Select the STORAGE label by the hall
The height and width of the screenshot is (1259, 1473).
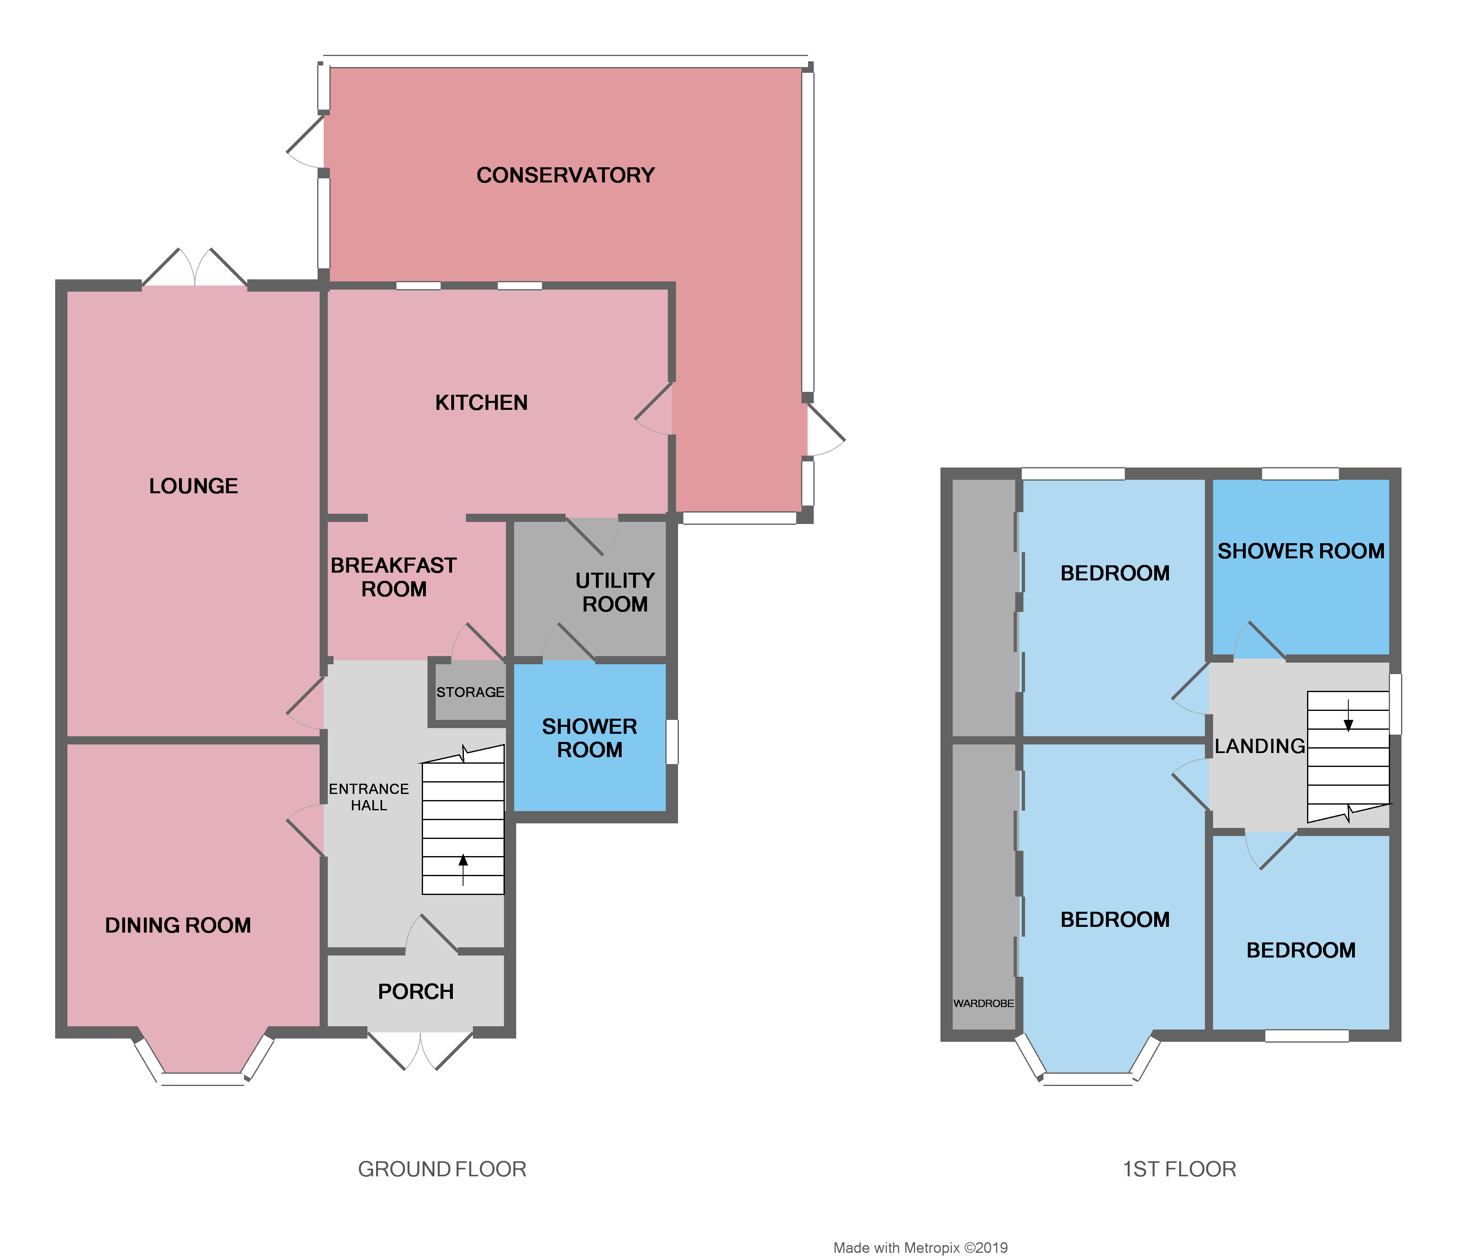(x=470, y=692)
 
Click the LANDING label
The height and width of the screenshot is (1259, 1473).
(x=1259, y=746)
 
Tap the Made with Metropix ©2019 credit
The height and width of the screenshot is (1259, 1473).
(x=920, y=1248)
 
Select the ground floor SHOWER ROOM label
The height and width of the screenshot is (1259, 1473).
(x=589, y=738)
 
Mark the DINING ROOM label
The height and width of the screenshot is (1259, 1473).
(x=178, y=925)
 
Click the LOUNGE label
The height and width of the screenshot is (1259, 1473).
(x=193, y=486)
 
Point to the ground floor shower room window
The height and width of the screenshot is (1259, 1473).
(x=672, y=742)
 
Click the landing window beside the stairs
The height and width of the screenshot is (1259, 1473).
(x=1395, y=704)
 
